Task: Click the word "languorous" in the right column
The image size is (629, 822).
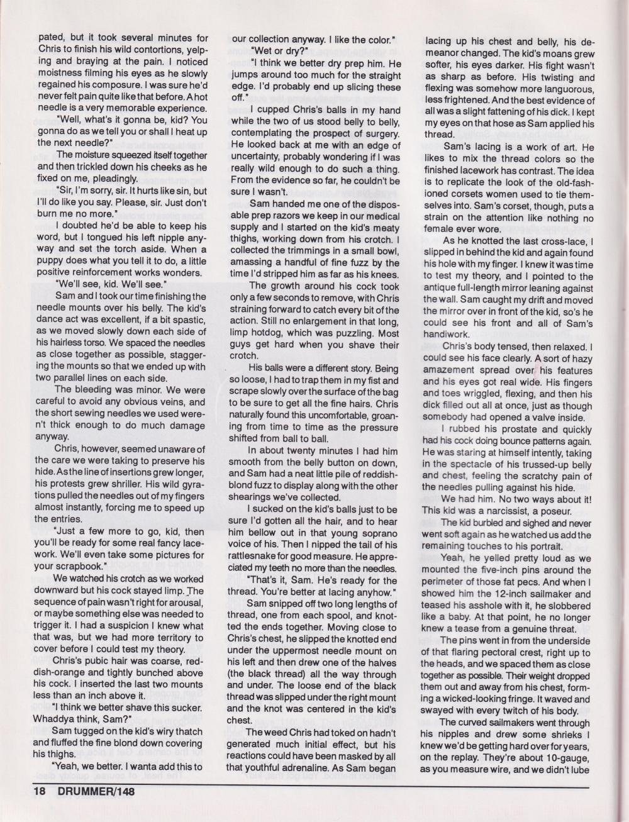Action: tap(564, 89)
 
